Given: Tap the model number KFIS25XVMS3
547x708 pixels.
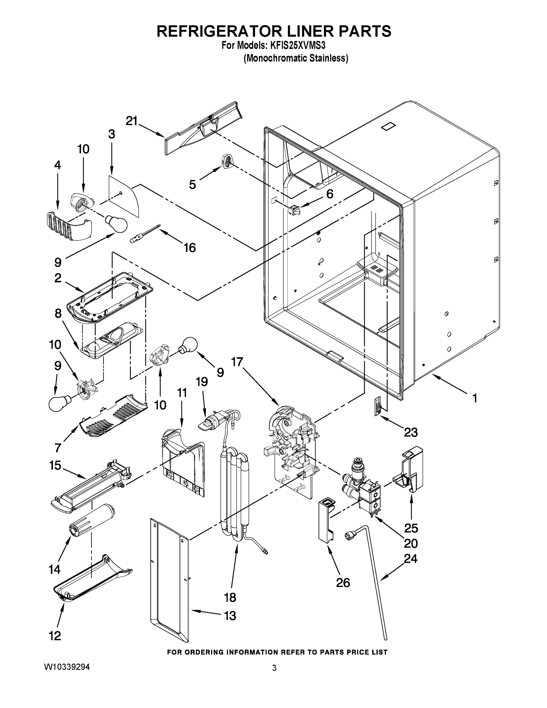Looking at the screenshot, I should [x=298, y=45].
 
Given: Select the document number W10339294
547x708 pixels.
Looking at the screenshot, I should [x=67, y=667].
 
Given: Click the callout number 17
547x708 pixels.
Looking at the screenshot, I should [x=237, y=361].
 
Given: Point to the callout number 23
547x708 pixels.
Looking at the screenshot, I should [x=410, y=432].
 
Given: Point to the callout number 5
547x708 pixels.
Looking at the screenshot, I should [x=193, y=184].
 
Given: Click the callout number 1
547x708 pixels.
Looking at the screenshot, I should [x=475, y=398].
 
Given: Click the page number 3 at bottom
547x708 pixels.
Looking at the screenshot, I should [x=274, y=668].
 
